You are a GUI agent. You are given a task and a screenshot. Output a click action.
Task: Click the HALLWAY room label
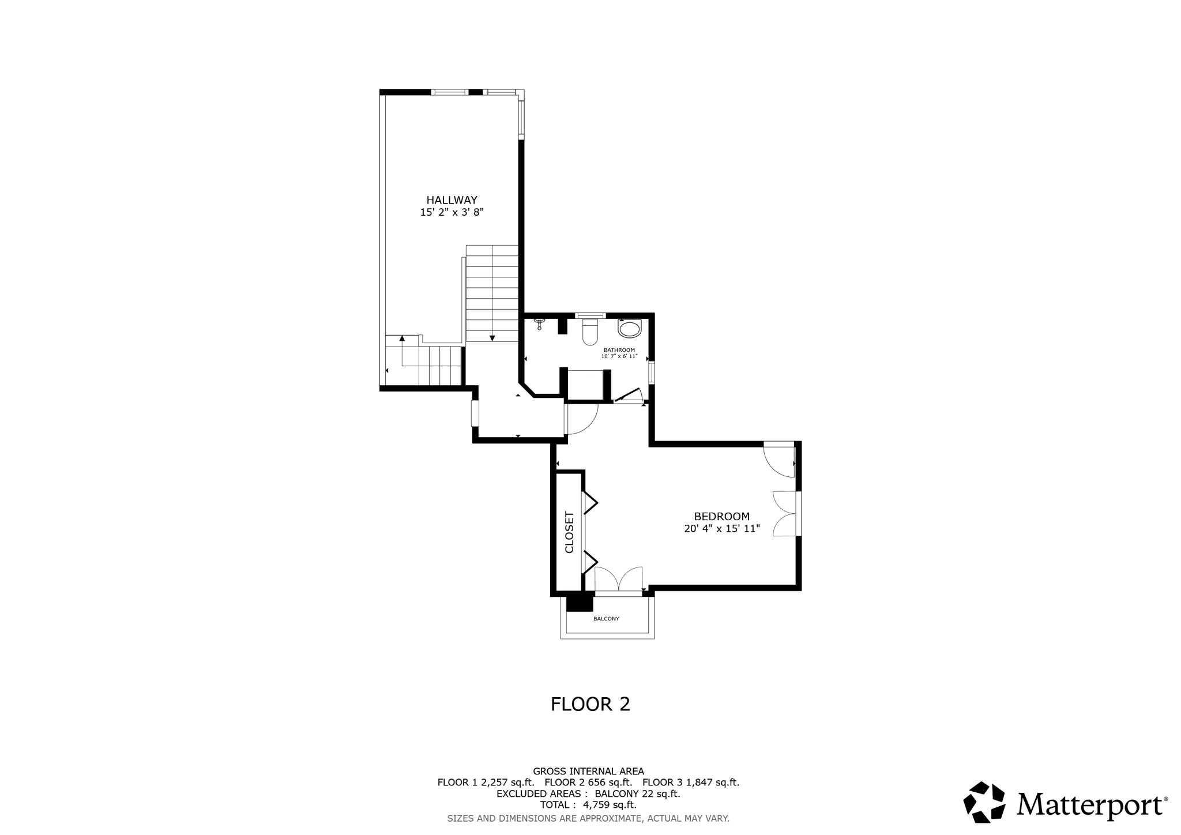coord(452,200)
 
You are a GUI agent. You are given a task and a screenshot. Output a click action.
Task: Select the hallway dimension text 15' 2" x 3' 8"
coord(452,212)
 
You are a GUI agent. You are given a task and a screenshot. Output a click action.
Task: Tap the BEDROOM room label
coord(721,517)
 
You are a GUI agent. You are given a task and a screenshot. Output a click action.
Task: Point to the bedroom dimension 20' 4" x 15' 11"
coord(721,528)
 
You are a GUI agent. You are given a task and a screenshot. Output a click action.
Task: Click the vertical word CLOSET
coord(569,532)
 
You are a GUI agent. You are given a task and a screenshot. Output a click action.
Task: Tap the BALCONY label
coord(606,619)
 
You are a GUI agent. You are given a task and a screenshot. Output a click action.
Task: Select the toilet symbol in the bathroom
coord(590,333)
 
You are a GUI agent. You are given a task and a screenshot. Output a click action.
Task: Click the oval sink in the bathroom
coord(629,329)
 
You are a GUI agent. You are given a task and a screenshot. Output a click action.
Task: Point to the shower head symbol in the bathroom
coord(540,323)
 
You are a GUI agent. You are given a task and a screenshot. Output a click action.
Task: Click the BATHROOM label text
coord(619,350)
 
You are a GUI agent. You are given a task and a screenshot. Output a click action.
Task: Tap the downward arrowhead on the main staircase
coord(492,338)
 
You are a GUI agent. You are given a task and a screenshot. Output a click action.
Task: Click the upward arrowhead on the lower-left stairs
coord(402,338)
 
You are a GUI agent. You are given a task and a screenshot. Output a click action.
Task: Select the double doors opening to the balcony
coord(618,580)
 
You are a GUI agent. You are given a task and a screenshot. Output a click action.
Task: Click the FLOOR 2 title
coord(590,704)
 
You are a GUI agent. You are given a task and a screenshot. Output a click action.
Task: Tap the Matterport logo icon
coord(984,802)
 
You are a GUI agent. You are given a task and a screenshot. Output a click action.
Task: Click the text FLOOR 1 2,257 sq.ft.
coord(486,783)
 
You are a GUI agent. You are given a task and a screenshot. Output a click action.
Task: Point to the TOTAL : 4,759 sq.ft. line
coord(588,804)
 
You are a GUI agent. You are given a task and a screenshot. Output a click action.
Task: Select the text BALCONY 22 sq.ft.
coord(637,793)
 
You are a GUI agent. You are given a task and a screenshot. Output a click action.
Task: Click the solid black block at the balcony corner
coord(580,602)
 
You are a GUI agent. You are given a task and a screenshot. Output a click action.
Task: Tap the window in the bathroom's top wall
coord(589,315)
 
